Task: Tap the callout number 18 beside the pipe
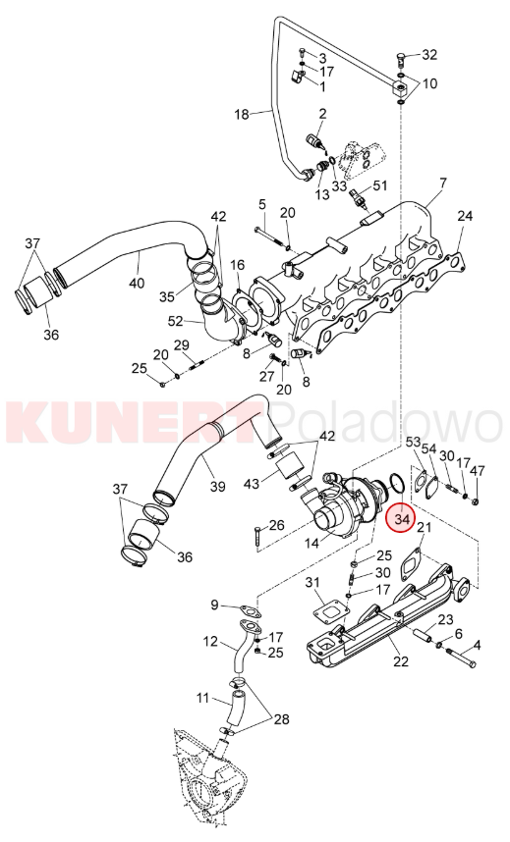(242, 114)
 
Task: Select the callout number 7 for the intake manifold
(442, 184)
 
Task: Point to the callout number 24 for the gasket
(465, 216)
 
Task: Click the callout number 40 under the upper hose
(138, 282)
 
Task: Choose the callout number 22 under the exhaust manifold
(401, 661)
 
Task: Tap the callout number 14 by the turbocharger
(312, 543)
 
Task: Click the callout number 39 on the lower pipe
(217, 487)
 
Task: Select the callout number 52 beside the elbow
(176, 322)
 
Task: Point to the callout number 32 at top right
(429, 55)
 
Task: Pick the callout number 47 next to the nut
(478, 471)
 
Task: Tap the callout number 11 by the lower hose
(202, 698)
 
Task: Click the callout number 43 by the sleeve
(252, 483)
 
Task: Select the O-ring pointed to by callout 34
(395, 482)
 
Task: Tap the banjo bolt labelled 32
(402, 58)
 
